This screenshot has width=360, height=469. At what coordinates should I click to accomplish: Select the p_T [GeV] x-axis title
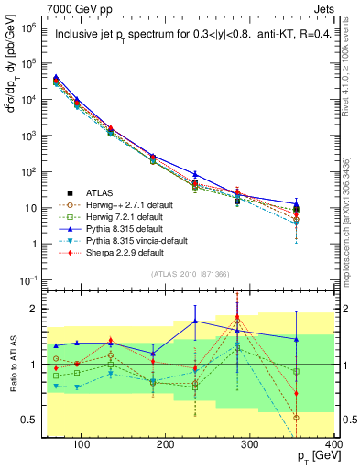coord(312,457)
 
